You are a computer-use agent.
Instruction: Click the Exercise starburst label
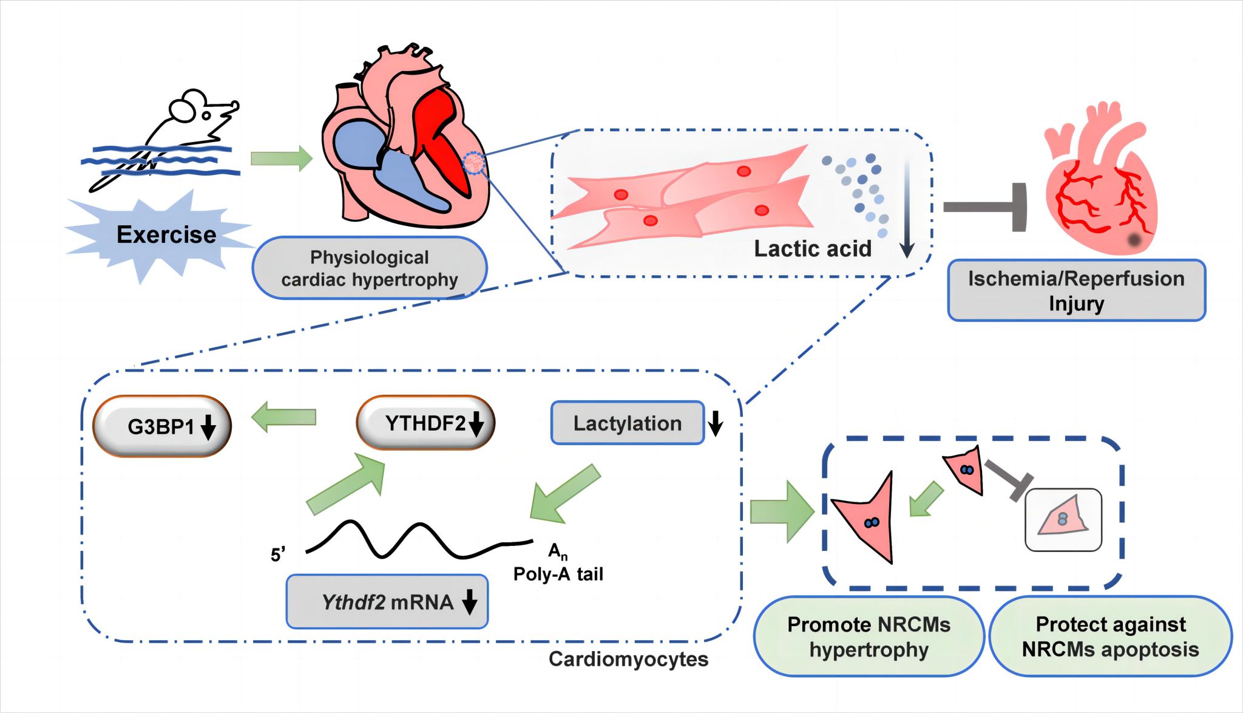166,234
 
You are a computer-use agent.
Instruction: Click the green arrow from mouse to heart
281,159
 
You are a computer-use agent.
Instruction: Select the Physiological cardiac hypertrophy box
370,268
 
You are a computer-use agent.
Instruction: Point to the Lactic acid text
812,248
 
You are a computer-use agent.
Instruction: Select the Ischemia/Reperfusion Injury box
1076,290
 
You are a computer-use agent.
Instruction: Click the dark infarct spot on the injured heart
1134,240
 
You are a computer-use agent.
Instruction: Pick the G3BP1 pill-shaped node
162,426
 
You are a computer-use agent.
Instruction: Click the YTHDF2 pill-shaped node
425,423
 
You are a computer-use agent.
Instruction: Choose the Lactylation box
627,423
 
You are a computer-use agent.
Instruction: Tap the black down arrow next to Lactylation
716,423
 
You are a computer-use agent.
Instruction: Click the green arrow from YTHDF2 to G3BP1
284,418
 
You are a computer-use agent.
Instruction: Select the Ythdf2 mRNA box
387,601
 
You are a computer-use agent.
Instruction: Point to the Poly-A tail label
558,574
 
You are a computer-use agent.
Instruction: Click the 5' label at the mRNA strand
278,554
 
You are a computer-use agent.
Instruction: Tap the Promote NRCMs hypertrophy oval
869,636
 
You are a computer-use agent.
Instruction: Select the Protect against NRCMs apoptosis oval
1110,636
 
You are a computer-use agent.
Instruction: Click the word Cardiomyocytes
628,659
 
